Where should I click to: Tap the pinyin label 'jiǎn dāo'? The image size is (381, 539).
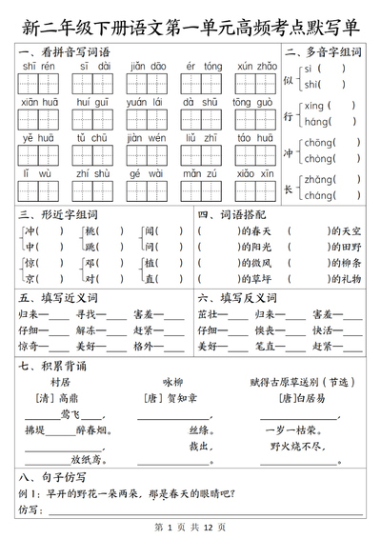tap(148, 66)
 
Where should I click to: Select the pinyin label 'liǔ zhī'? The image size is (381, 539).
tap(203, 137)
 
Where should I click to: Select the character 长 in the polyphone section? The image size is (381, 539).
tap(289, 188)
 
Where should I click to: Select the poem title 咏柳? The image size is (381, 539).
tap(171, 382)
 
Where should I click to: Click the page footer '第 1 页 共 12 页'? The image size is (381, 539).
tap(190, 527)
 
